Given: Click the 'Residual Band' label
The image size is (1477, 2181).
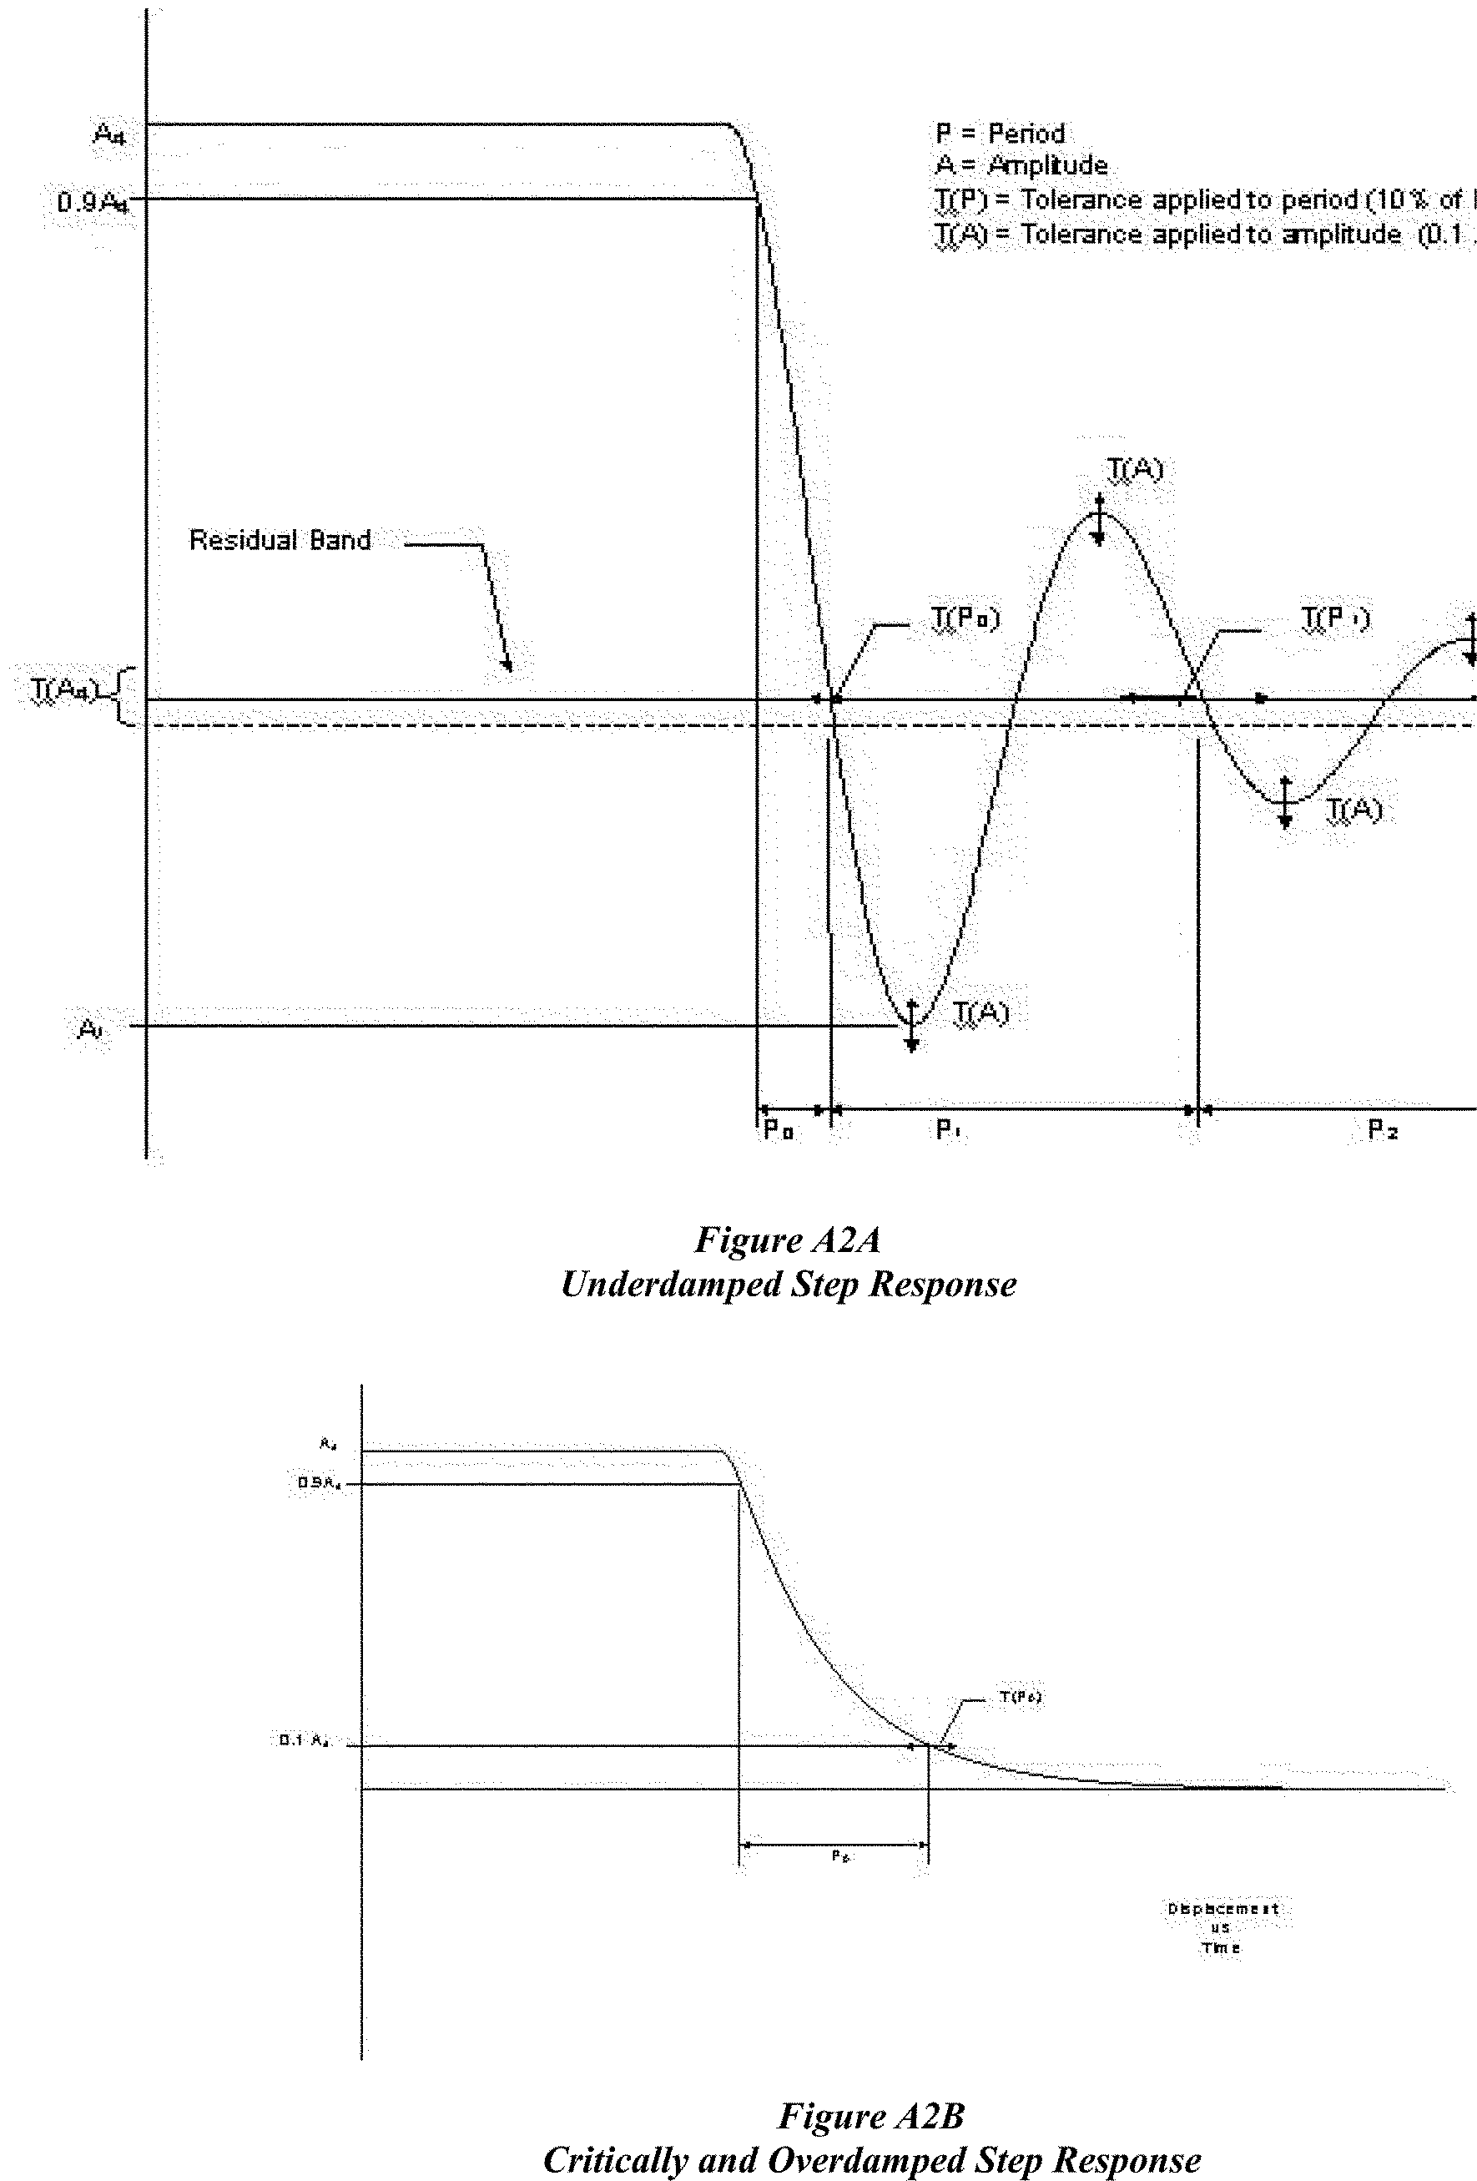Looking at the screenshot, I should click(x=280, y=541).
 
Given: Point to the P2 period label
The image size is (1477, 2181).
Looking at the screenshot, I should click(x=1382, y=1130).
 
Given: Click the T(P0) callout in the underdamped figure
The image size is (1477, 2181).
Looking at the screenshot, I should click(x=965, y=618).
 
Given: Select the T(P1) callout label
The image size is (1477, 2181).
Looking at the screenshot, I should click(x=1334, y=618).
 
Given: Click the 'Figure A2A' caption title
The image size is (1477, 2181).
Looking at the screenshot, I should click(x=787, y=1240).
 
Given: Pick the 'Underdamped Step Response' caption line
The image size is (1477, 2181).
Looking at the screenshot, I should click(x=787, y=1284).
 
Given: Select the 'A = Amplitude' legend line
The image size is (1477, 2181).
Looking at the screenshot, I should click(x=1021, y=166).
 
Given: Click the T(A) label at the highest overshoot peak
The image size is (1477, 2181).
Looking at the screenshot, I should click(x=1135, y=468).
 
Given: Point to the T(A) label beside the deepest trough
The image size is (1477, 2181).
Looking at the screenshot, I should click(x=980, y=1012).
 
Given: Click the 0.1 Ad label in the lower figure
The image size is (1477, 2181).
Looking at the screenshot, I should click(x=304, y=1740).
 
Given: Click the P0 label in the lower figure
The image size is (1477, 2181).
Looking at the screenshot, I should click(x=839, y=1855).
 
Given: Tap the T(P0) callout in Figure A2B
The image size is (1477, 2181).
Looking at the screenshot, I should click(x=1020, y=1697).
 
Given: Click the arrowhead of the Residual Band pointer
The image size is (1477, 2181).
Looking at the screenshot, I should click(x=507, y=666).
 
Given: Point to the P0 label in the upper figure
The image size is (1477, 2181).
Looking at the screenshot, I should click(x=778, y=1130).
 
